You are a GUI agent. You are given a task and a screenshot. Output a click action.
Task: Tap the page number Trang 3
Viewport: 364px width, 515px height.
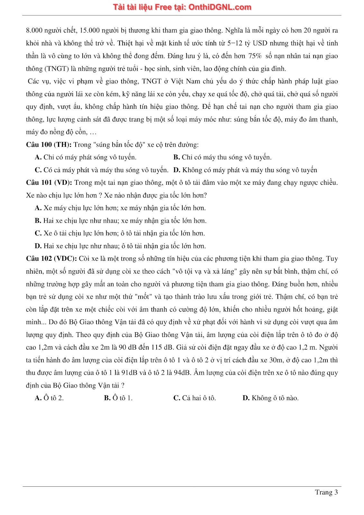coord(326,492)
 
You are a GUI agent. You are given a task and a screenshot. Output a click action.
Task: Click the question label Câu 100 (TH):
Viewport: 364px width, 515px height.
coord(49,145)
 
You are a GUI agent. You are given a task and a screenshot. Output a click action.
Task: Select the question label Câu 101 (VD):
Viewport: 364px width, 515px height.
coord(49,183)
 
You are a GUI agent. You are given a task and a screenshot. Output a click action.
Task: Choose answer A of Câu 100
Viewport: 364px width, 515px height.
coord(86,157)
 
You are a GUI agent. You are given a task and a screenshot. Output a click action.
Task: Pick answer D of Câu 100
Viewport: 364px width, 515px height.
coord(245,170)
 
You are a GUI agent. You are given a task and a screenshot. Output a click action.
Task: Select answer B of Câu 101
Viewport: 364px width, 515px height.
coord(121,220)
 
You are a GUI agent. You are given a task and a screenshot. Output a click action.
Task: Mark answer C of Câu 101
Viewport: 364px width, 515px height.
coord(120,233)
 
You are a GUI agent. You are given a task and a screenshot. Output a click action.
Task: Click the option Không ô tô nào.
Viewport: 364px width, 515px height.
coord(270,398)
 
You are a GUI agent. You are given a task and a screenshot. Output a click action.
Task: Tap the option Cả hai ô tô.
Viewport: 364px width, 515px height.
coord(195,398)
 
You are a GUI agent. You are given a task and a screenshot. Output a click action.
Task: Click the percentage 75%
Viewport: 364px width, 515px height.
coord(255,56)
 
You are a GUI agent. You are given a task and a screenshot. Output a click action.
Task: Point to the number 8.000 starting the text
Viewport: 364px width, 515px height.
coord(34,30)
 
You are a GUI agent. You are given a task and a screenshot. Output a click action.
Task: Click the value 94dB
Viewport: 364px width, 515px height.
coord(182,372)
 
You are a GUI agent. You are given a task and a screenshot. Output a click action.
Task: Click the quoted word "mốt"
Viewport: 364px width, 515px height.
coord(143,296)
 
